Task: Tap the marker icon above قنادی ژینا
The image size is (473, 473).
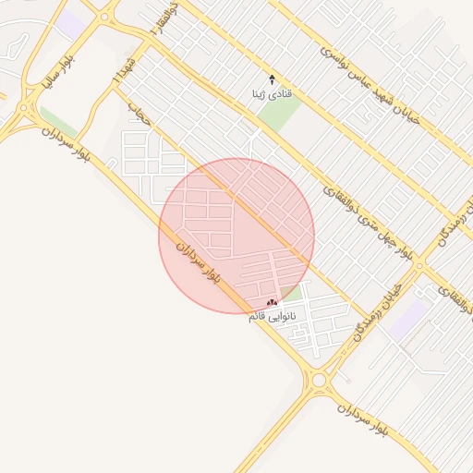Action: pos(272,79)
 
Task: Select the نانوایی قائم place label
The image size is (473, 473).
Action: pos(273,317)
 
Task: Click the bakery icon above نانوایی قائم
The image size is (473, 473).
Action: pos(272,303)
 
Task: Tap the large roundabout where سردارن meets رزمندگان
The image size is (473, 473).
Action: pos(321,380)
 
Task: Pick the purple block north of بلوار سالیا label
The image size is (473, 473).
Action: pos(71,24)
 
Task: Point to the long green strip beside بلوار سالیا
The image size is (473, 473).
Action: pos(57,121)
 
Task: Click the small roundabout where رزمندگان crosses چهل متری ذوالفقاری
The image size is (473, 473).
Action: pos(418,266)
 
